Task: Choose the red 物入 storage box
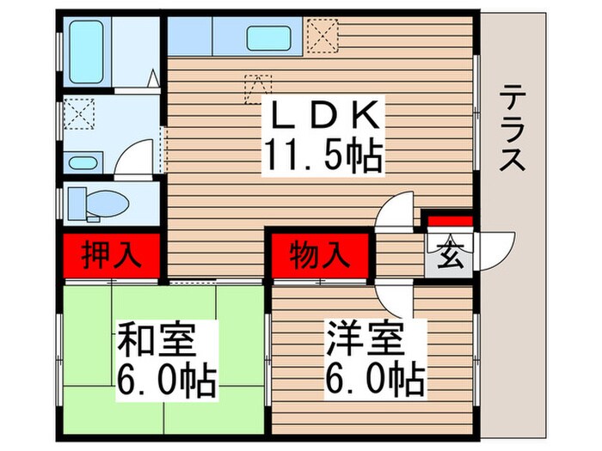tap(319, 255)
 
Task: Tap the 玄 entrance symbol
tap(447, 256)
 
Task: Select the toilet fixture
tap(95, 202)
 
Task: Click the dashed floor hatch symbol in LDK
tap(257, 86)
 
